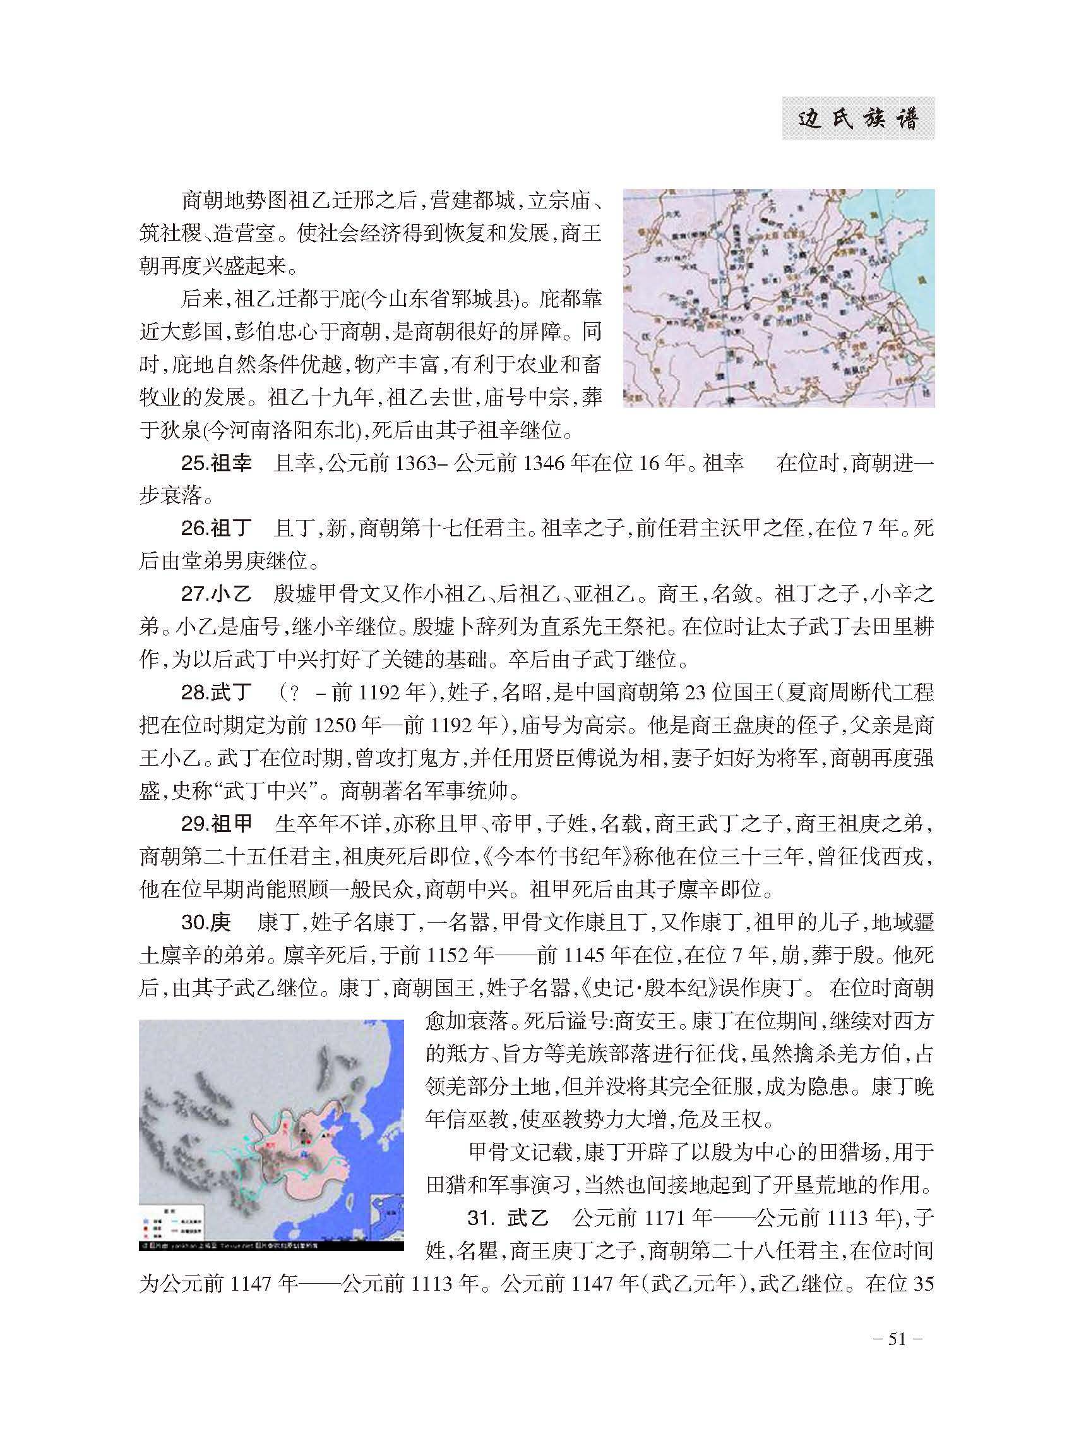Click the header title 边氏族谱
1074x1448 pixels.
857,119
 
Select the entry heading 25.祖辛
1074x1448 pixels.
216,463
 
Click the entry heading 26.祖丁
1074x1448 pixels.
216,528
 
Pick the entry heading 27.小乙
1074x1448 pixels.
216,594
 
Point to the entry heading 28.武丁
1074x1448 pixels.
216,692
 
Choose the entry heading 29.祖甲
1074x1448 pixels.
216,824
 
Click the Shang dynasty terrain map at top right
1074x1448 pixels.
779,298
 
